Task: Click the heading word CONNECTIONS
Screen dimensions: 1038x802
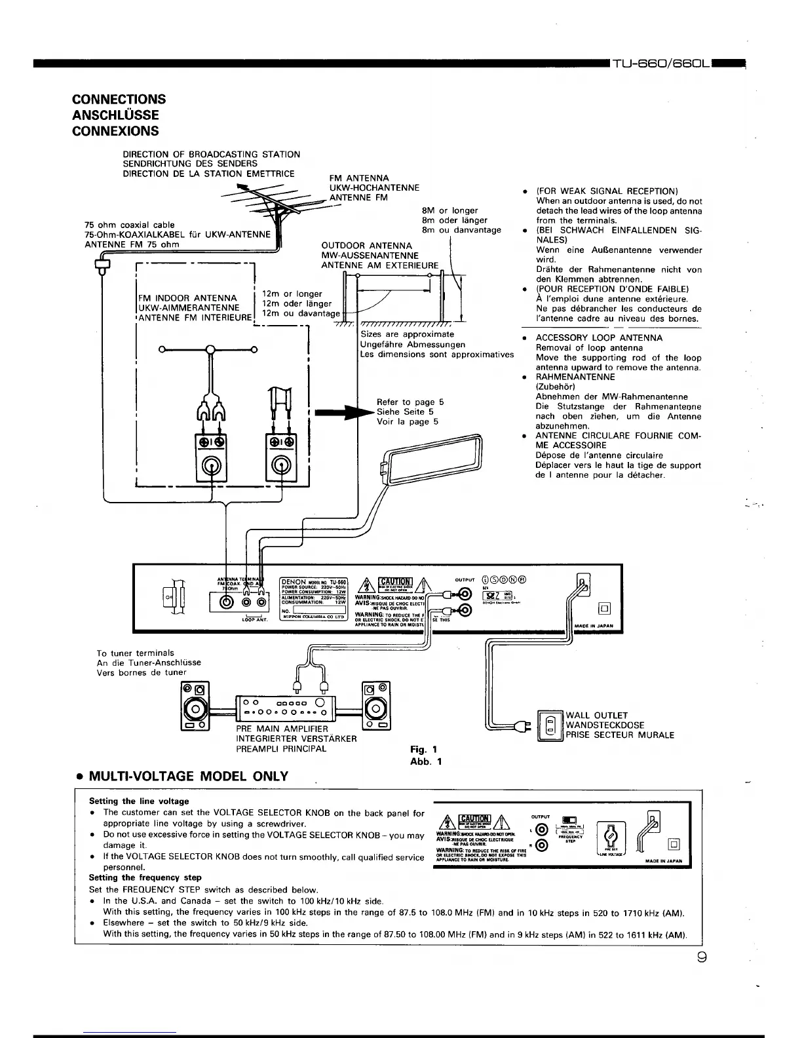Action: (x=119, y=100)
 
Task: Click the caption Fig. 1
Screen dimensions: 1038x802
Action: (x=423, y=750)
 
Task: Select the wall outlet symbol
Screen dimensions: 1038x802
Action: (x=550, y=725)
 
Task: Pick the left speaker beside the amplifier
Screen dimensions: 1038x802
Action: (x=195, y=706)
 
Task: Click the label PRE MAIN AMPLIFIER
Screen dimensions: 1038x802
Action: (x=282, y=729)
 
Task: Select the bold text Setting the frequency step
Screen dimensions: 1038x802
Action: (x=145, y=877)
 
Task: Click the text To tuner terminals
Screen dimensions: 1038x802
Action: (x=136, y=653)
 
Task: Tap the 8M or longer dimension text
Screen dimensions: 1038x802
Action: (x=449, y=210)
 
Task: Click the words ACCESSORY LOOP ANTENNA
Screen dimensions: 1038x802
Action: (x=599, y=338)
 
